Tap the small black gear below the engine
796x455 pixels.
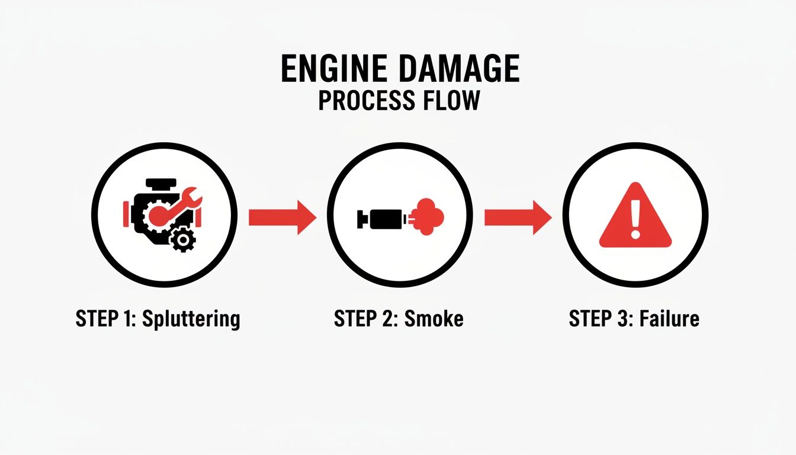182,239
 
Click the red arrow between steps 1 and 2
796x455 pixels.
282,217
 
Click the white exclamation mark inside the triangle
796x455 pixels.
635,216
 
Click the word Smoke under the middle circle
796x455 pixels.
434,319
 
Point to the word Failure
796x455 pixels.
671,319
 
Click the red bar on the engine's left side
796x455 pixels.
126,213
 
